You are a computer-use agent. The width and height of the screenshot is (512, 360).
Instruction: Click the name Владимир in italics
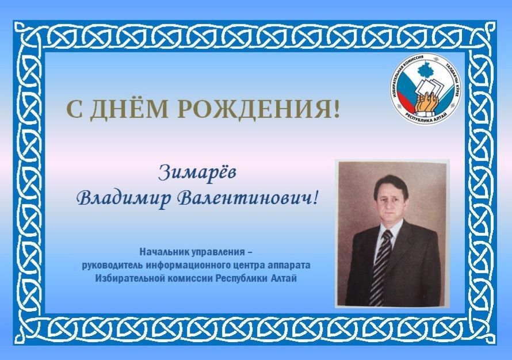click(x=125, y=198)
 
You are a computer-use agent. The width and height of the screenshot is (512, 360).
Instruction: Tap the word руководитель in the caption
click(x=113, y=265)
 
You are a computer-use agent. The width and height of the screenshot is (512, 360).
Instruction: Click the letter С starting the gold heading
click(x=74, y=109)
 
